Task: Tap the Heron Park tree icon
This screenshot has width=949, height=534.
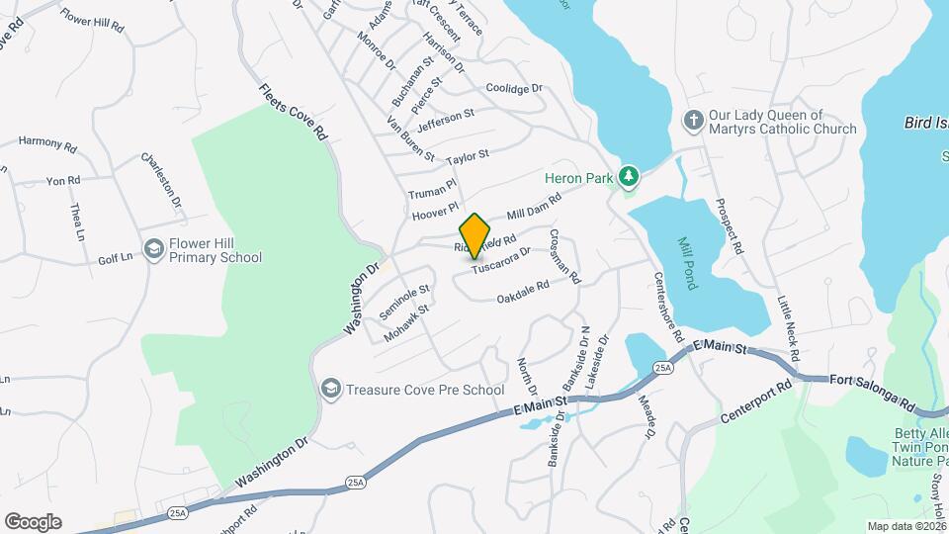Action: click(x=629, y=178)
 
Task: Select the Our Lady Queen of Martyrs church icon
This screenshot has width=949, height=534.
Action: click(x=694, y=121)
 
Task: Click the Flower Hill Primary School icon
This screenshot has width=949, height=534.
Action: click(x=153, y=249)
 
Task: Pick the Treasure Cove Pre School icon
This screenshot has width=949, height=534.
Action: click(x=330, y=389)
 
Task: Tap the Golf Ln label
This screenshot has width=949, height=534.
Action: click(x=114, y=258)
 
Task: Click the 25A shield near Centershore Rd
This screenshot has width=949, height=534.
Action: click(x=662, y=368)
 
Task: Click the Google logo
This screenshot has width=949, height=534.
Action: click(x=33, y=522)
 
